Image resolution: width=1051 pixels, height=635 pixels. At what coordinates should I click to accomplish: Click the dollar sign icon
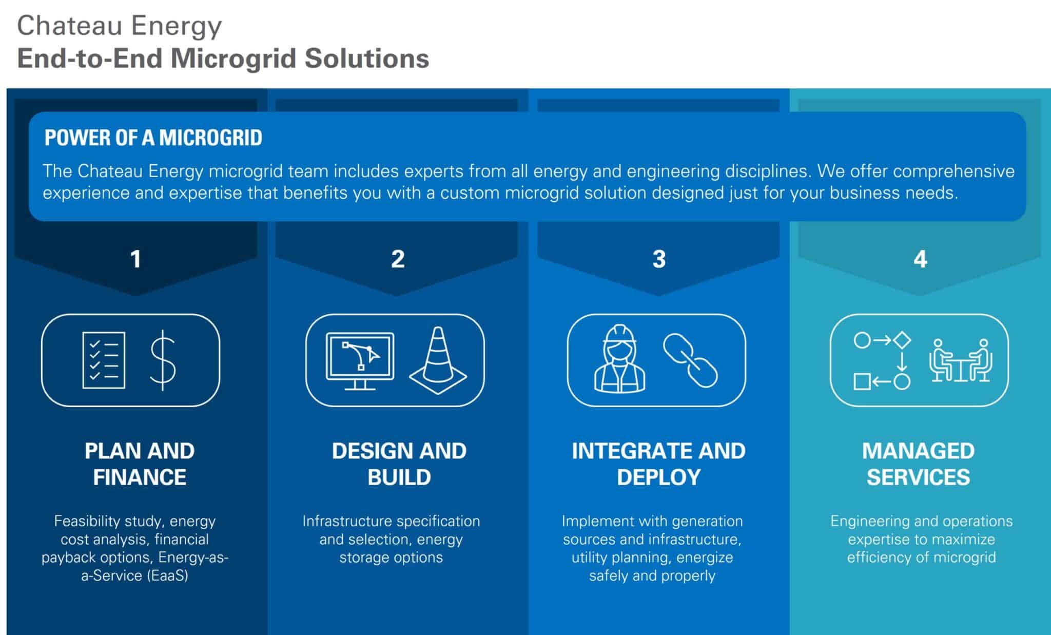pyautogui.click(x=163, y=360)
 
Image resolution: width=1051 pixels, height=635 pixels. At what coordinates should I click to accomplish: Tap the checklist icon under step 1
pyautogui.click(x=104, y=360)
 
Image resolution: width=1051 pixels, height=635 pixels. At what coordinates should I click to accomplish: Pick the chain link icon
pyautogui.click(x=690, y=360)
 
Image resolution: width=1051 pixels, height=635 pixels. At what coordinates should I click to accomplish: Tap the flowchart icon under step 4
pyautogui.click(x=882, y=360)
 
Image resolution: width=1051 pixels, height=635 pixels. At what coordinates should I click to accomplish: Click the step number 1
pyautogui.click(x=135, y=259)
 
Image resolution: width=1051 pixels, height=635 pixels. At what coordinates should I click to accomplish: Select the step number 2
pyautogui.click(x=398, y=259)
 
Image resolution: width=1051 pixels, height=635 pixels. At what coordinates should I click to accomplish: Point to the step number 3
pyautogui.click(x=659, y=259)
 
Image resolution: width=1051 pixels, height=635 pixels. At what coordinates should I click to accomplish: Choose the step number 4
pyautogui.click(x=920, y=259)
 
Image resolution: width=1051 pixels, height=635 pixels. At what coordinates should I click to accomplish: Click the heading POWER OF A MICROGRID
pyautogui.click(x=153, y=138)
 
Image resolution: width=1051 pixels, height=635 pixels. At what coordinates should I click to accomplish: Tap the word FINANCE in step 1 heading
pyautogui.click(x=140, y=477)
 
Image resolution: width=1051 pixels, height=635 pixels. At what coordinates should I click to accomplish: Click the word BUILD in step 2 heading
pyautogui.click(x=399, y=477)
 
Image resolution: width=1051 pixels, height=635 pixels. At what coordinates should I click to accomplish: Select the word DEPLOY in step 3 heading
pyautogui.click(x=658, y=477)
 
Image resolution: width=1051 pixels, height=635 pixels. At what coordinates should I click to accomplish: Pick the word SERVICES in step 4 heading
pyautogui.click(x=919, y=477)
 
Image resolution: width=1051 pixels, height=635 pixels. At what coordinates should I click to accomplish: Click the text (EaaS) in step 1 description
pyautogui.click(x=167, y=575)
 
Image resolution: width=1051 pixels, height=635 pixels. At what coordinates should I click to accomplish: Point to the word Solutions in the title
pyautogui.click(x=366, y=58)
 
